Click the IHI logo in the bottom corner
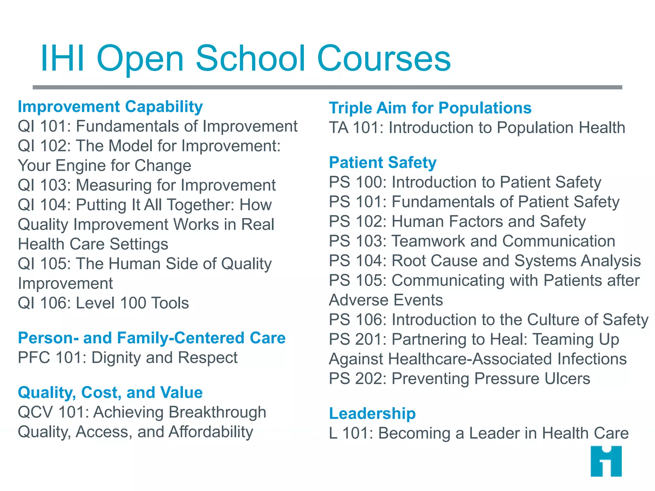[x=606, y=461]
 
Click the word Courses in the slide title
[x=384, y=58]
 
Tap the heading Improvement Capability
[x=110, y=107]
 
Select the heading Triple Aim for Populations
[x=430, y=108]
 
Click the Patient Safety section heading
[x=383, y=162]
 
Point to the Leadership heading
[x=372, y=413]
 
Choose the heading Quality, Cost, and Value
[x=110, y=393]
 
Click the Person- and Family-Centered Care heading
[x=152, y=338]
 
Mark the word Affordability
[x=211, y=432]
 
